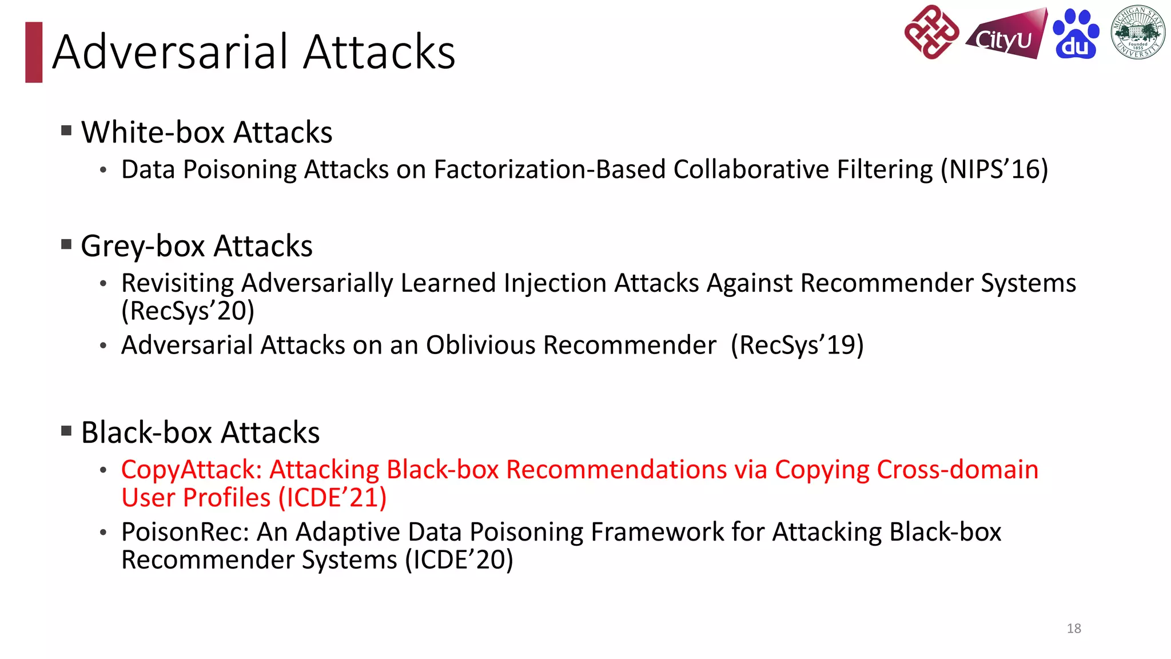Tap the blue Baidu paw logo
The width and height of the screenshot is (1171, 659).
pos(1076,34)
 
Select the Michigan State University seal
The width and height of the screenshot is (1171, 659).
pos(1138,33)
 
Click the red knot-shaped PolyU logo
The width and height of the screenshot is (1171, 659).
pos(931,32)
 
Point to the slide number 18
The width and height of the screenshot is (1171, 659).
pos(1074,628)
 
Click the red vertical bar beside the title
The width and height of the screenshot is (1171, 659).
pos(34,52)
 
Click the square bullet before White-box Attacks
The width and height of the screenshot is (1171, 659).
pos(67,130)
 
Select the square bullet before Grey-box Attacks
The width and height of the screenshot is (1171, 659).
pos(67,245)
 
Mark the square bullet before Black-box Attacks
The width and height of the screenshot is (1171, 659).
pos(67,430)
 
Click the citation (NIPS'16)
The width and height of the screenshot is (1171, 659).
pos(994,170)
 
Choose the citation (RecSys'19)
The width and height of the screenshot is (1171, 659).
pos(797,346)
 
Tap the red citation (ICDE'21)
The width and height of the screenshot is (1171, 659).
pos(332,498)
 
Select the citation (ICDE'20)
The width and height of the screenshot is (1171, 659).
pos(459,560)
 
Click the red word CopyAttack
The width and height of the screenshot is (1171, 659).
pos(191,470)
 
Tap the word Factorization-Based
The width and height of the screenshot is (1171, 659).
pos(549,170)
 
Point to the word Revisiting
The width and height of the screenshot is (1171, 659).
pos(178,283)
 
